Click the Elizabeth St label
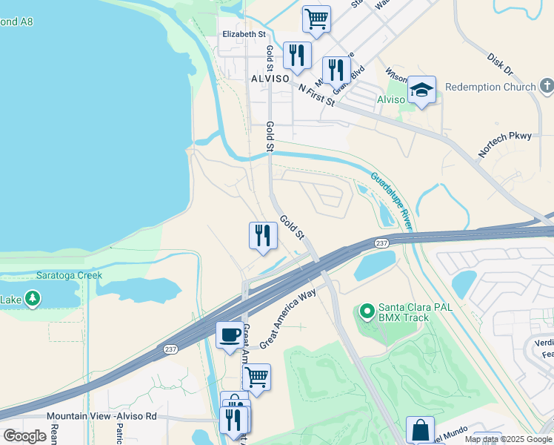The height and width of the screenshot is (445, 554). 244,34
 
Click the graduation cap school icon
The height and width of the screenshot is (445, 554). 422,90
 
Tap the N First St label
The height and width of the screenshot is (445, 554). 317,94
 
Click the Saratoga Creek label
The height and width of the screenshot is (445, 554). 69,275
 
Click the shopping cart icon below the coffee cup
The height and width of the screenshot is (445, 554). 256,376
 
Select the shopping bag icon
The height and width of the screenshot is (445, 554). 420,429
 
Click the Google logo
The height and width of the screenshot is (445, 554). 24,435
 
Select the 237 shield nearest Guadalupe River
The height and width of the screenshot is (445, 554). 381,243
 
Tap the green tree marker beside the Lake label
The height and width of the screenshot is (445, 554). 32,299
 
